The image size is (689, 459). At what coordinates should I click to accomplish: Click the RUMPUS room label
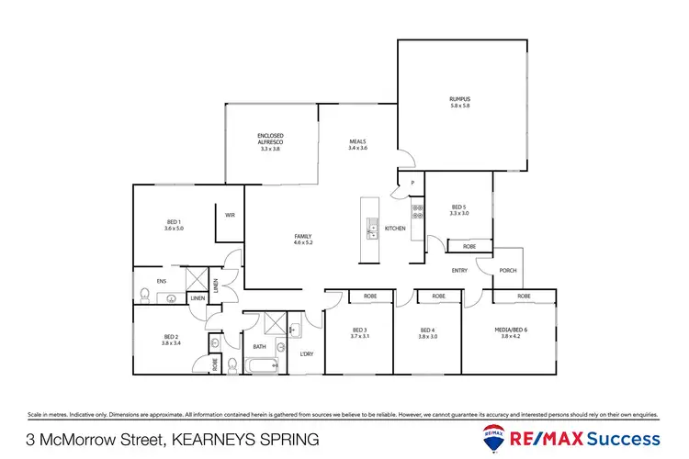[459, 98]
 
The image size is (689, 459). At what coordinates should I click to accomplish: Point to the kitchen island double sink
[371, 228]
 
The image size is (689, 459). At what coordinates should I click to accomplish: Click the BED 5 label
[459, 206]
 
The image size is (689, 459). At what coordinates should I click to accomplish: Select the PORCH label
[507, 271]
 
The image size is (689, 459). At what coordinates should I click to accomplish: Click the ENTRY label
[460, 271]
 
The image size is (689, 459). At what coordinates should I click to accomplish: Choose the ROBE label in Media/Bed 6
[524, 297]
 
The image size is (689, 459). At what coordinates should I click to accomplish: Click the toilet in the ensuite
[144, 294]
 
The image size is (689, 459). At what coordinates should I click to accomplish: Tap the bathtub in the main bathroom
[260, 365]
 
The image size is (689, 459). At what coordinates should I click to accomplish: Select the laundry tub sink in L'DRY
[295, 329]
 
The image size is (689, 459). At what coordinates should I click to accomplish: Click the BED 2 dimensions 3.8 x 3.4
[171, 342]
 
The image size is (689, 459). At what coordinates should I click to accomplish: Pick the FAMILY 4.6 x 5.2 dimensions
[303, 242]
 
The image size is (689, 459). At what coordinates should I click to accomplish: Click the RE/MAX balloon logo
[492, 438]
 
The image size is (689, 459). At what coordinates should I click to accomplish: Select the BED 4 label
[427, 330]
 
